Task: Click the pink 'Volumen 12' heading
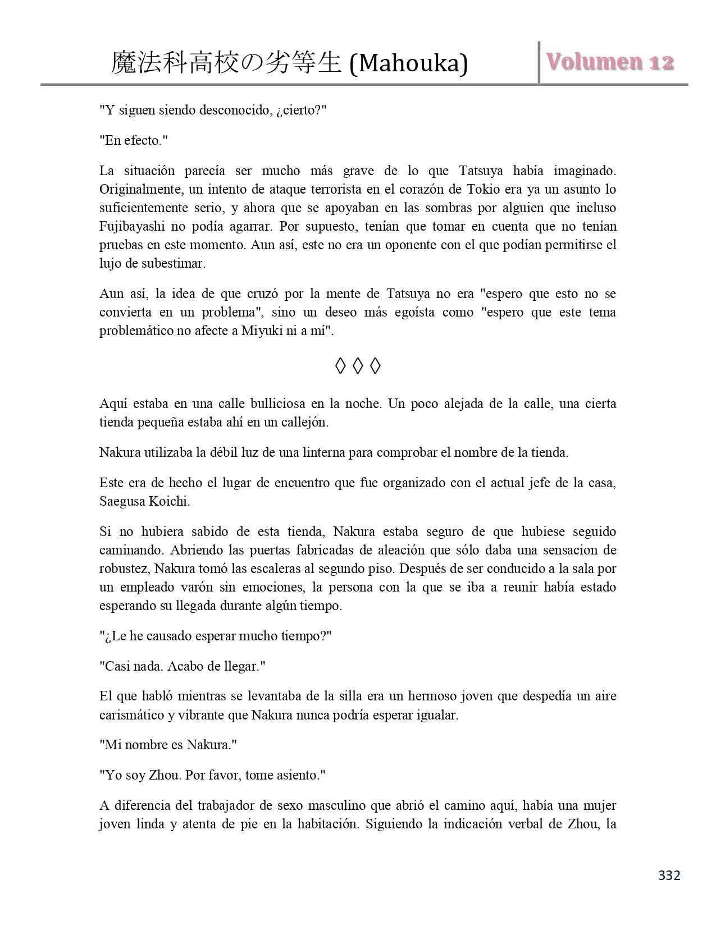(610, 62)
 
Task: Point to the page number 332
(669, 875)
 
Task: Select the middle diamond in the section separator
(358, 366)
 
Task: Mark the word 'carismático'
(134, 716)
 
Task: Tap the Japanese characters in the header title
(226, 63)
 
